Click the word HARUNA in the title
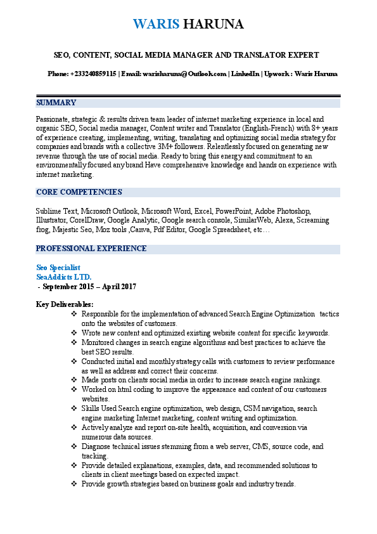point(213,24)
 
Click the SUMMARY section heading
point(56,103)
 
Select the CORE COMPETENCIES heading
point(79,192)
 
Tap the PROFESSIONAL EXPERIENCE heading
point(91,249)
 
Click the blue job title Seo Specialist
point(58,268)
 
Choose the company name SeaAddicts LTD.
point(64,277)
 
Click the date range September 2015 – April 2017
point(87,287)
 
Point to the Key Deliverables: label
point(65,304)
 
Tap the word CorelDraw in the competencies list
point(87,220)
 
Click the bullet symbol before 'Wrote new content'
point(73,333)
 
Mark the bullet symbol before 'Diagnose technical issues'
point(73,446)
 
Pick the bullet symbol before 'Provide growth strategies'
point(73,485)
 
